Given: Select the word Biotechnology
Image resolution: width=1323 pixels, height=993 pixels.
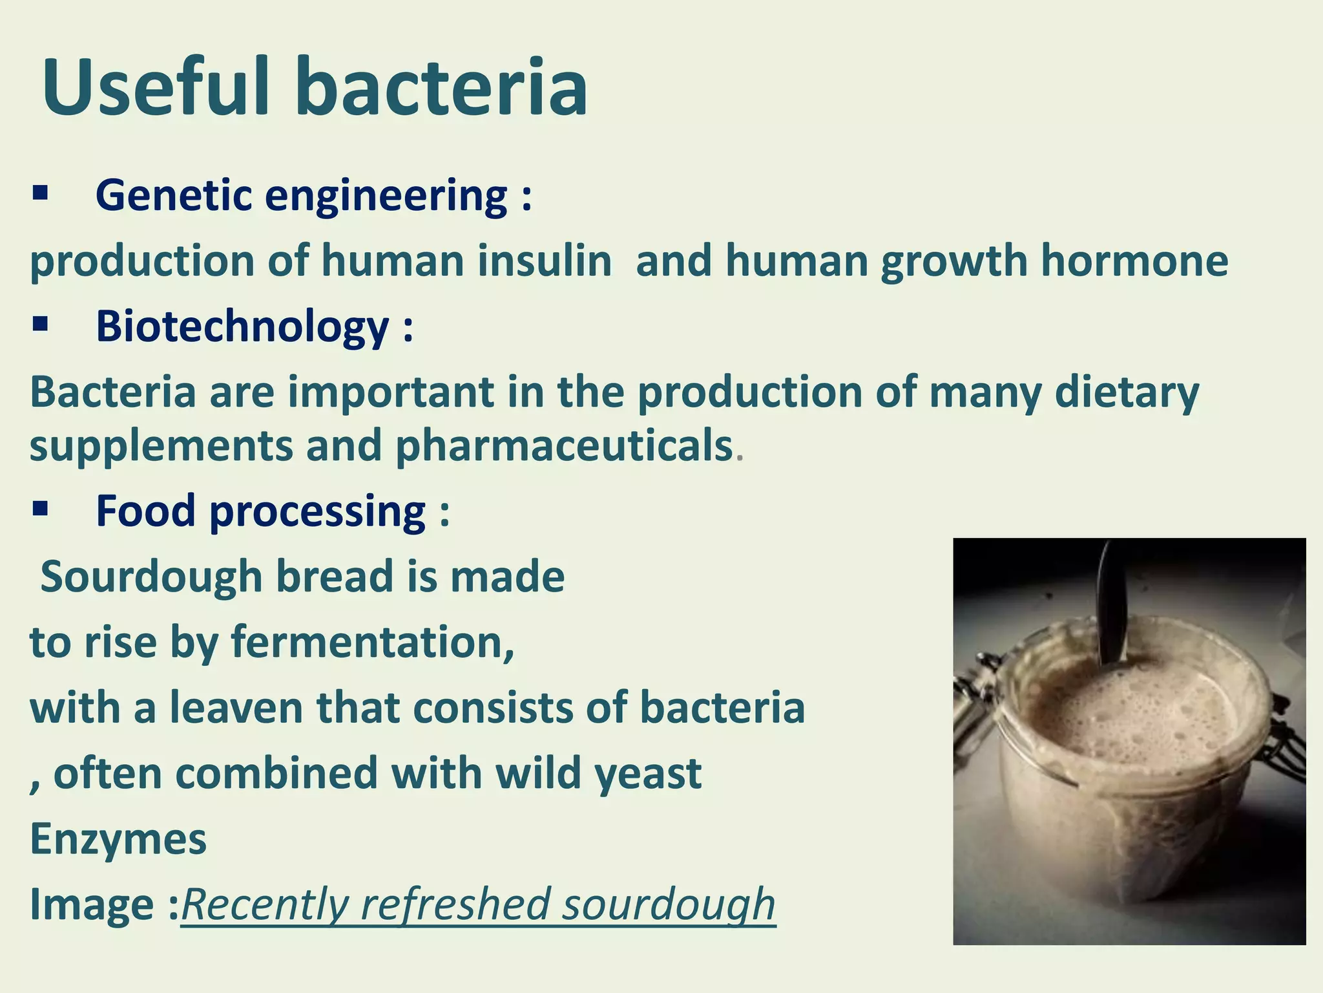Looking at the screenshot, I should (x=243, y=326).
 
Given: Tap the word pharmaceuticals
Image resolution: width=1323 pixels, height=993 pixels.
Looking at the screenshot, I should (x=563, y=446).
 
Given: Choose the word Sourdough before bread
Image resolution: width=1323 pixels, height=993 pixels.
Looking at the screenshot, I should (x=151, y=577).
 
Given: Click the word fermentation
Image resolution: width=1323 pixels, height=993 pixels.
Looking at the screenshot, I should (x=372, y=643).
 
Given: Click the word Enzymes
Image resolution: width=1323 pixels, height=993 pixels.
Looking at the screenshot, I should (x=118, y=839).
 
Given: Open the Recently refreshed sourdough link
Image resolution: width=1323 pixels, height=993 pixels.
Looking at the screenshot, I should (x=478, y=904).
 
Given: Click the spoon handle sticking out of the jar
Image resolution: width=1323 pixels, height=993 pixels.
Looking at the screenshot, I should (x=1112, y=601).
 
